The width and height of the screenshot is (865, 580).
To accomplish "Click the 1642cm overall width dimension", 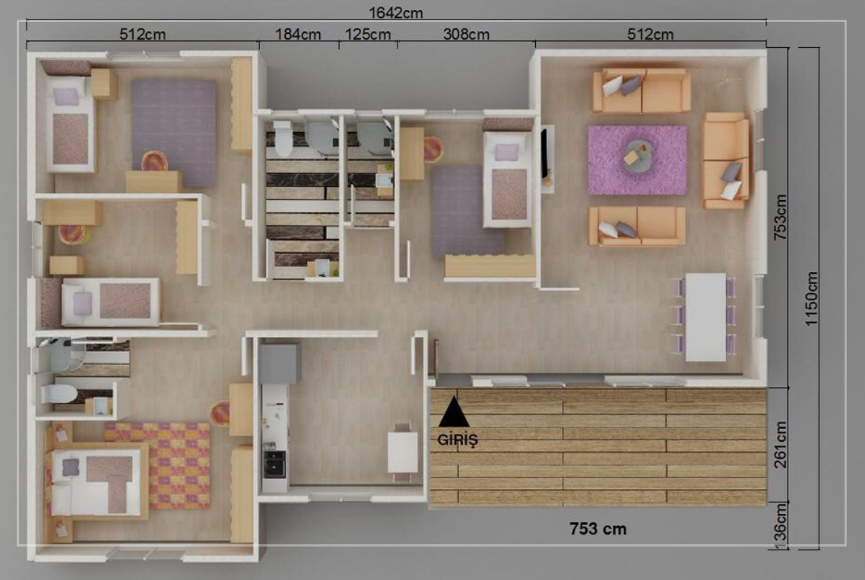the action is [395, 12].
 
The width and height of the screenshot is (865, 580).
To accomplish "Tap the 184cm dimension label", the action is [298, 34].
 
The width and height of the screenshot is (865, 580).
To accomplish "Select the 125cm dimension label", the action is [367, 34].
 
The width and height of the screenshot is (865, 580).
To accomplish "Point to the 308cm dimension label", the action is [466, 34].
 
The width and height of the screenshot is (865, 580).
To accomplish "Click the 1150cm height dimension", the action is [811, 299].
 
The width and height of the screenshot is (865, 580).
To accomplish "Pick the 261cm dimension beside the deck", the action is [781, 445].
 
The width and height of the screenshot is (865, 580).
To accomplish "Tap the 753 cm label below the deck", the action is [598, 528].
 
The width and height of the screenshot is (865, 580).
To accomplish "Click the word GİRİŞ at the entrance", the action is [458, 439].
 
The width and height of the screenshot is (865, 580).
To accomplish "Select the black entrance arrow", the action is [454, 412].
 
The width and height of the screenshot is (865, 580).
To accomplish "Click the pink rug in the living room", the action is [637, 160].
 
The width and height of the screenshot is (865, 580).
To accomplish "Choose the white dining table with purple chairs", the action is [705, 317].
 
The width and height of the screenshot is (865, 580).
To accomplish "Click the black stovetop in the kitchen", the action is [274, 464].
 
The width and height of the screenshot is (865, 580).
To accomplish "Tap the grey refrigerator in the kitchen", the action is [280, 363].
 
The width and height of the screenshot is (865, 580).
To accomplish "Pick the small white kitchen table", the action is [403, 452].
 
